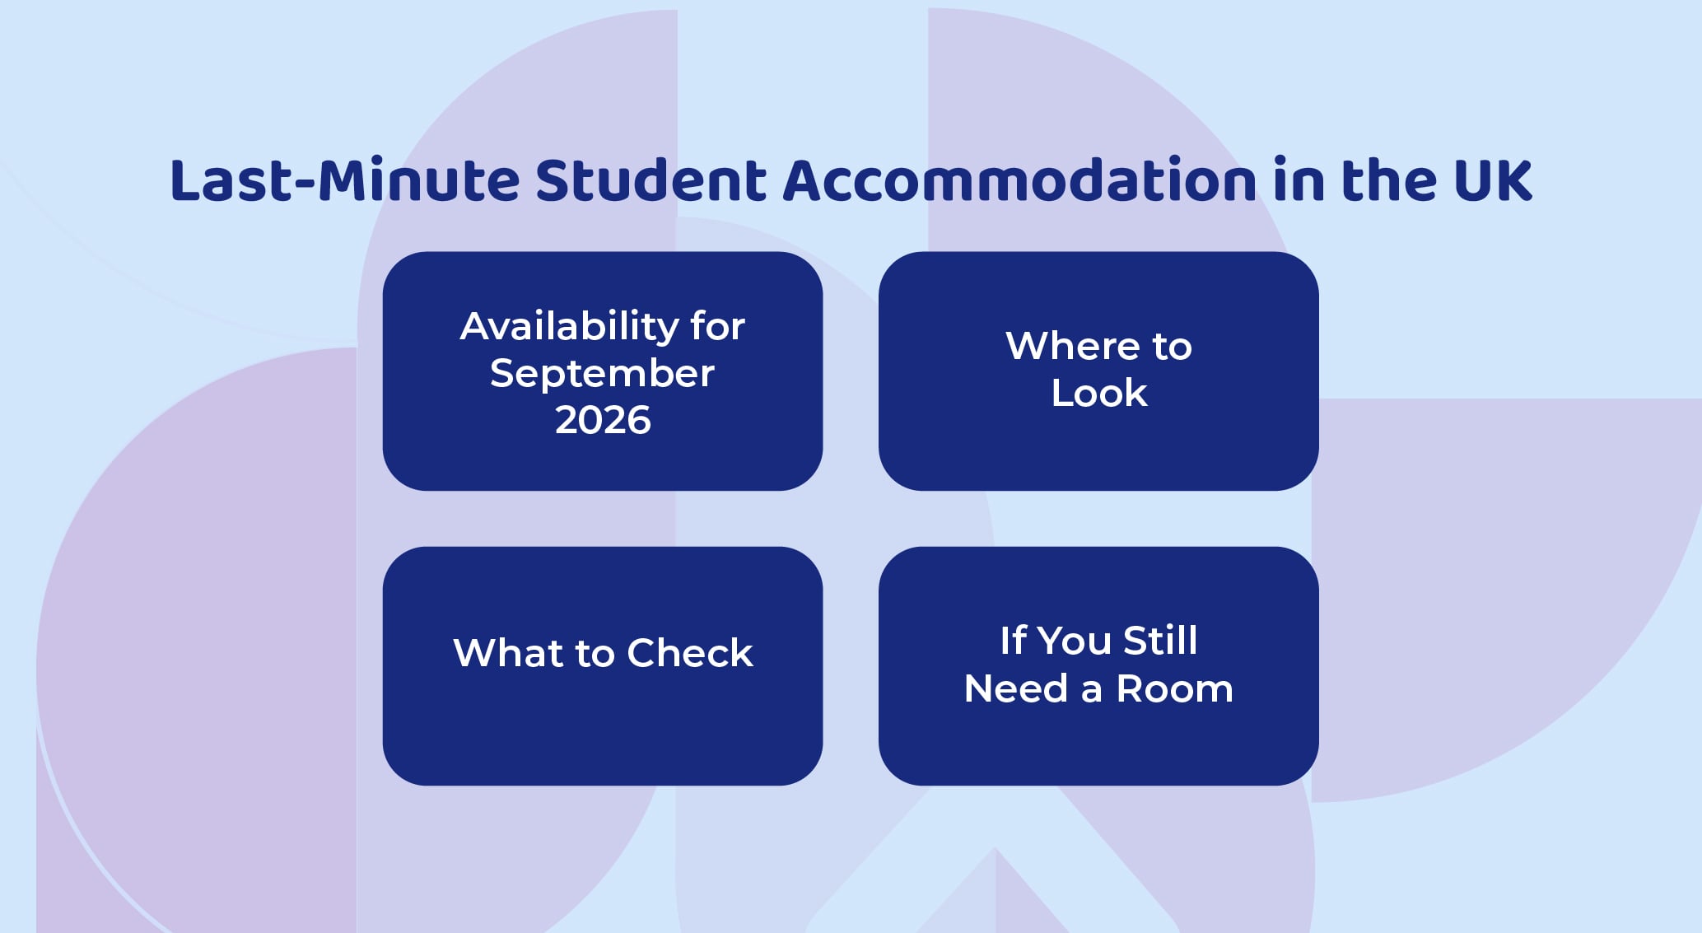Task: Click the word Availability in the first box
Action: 569,325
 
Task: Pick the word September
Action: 602,373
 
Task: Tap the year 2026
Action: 603,420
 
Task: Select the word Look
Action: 1099,393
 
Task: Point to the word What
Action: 508,653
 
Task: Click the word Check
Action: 690,653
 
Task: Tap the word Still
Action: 1160,641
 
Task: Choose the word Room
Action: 1175,688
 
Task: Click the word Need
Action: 1016,688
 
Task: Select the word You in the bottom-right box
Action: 1074,641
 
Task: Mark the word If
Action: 1013,641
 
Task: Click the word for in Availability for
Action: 718,325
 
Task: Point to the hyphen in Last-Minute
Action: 305,184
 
